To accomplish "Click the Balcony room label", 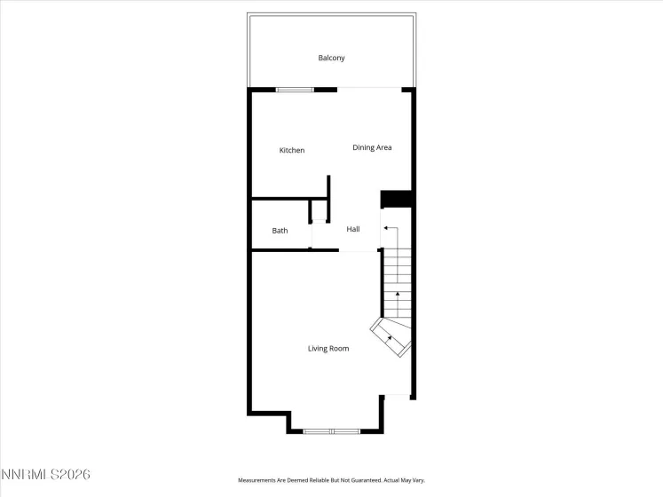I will click(331, 58).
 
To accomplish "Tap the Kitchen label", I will click(292, 150).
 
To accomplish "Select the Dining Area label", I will click(372, 147).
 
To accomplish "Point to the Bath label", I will click(280, 231).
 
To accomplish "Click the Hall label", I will click(353, 229).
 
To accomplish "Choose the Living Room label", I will click(328, 349).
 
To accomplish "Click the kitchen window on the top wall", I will click(295, 90).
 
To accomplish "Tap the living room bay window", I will click(331, 431).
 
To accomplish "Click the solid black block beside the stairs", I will click(396, 199).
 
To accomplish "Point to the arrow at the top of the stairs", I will click(386, 228).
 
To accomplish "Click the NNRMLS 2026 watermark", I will click(45, 476).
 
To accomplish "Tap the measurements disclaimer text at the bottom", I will click(331, 480).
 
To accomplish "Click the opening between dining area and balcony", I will click(369, 89).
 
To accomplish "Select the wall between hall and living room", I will click(293, 249).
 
